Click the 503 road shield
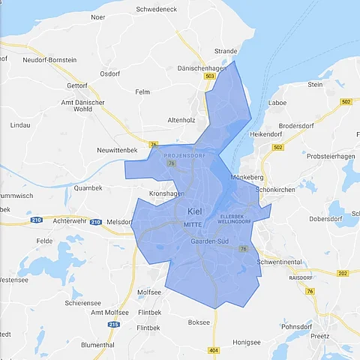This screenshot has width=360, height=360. pyautogui.click(x=209, y=76)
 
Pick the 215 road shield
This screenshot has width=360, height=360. pyautogui.click(x=113, y=325)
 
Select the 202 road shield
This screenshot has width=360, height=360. pyautogui.click(x=343, y=274)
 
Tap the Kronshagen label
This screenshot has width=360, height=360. pyautogui.click(x=166, y=193)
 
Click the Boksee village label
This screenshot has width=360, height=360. pyautogui.click(x=199, y=322)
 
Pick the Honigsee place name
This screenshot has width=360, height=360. pyautogui.click(x=245, y=342)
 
